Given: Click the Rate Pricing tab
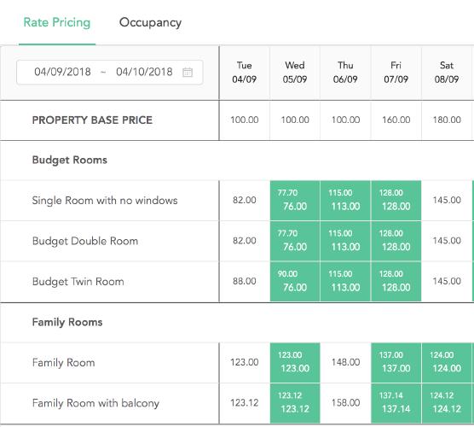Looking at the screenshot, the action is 57,22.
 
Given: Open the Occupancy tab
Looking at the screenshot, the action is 150,23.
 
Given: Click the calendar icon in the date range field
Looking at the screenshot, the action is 188,72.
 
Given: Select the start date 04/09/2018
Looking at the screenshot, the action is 62,72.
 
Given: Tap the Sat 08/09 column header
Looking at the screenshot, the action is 447,73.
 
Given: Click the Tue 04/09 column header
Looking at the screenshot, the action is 245,73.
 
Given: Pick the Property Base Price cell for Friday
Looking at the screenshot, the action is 396,120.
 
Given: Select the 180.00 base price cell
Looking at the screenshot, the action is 447,120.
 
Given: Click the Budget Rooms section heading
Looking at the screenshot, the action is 70,160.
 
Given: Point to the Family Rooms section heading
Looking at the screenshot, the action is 67,322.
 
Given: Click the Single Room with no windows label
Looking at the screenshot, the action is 105,201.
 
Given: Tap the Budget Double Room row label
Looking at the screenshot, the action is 85,241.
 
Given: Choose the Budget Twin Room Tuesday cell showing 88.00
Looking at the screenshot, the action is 245,281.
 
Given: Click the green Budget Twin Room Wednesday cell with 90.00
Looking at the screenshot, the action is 295,281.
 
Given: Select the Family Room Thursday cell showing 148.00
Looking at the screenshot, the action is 345,362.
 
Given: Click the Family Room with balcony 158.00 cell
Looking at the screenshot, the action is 345,403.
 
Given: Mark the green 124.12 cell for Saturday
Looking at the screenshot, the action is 447,403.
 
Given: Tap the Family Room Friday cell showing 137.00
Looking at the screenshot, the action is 396,362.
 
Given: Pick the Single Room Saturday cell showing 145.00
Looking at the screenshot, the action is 447,200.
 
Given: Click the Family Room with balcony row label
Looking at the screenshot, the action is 95,403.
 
